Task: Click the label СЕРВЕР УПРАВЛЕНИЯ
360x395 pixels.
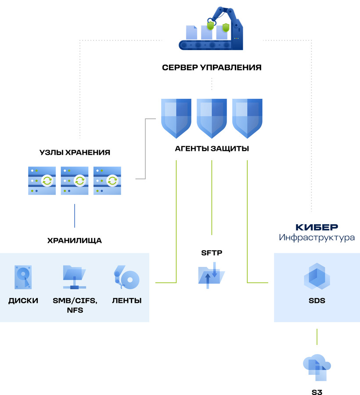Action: click(212, 68)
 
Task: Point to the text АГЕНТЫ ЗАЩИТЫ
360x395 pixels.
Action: click(212, 149)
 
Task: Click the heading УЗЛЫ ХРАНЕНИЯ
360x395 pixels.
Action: click(74, 153)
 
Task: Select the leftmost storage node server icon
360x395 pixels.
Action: click(42, 180)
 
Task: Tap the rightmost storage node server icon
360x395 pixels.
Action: click(107, 180)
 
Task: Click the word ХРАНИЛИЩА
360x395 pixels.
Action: click(74, 241)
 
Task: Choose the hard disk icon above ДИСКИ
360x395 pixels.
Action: click(23, 277)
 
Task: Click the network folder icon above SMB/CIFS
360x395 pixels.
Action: click(75, 277)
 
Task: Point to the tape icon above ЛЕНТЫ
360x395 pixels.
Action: click(126, 277)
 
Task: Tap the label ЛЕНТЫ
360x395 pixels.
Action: click(126, 301)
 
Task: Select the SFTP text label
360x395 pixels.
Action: click(212, 253)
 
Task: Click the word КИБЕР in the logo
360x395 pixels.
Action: click(316, 227)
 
